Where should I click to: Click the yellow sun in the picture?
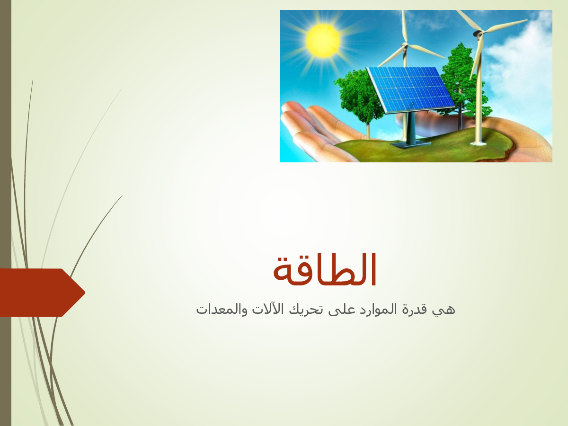323,40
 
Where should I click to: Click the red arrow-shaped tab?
43,293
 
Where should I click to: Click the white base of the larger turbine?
478,142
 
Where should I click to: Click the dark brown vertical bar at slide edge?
6,213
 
